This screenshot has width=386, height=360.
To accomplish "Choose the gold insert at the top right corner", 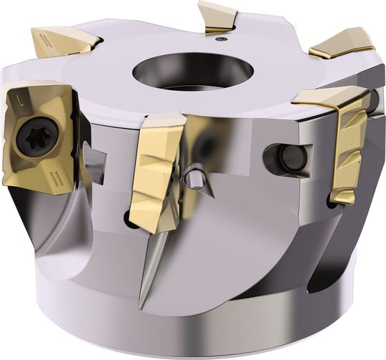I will [343, 42].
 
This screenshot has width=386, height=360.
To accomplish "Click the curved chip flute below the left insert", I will [43, 236].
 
